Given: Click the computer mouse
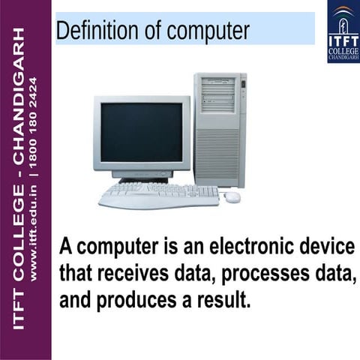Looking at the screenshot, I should tap(232, 196).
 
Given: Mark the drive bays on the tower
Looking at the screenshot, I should tap(218, 93).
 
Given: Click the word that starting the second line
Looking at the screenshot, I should tap(75, 274).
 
